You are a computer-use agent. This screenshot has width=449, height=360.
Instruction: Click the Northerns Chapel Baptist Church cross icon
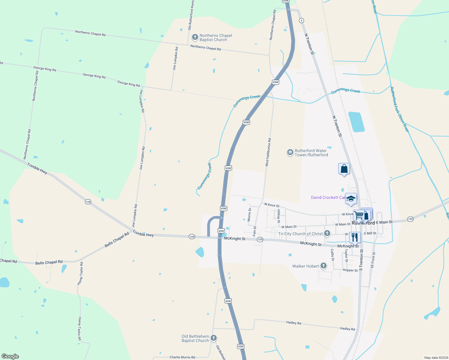[x=195, y=37]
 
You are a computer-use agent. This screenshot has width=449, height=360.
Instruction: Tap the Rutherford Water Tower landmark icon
[x=290, y=153]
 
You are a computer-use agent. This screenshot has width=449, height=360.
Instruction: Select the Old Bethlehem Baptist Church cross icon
[x=214, y=338]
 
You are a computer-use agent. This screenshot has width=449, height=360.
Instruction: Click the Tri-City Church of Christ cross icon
[x=327, y=233]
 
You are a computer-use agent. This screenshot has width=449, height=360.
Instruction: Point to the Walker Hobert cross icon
[x=323, y=265]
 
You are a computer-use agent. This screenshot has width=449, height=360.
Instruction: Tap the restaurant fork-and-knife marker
[x=355, y=238]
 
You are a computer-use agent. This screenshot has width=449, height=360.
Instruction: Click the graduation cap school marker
[x=351, y=199]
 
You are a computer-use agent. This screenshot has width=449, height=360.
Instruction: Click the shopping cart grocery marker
[x=359, y=215]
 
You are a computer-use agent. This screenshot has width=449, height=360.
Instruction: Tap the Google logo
[x=10, y=356]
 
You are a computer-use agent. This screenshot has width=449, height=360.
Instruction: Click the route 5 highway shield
[x=301, y=20]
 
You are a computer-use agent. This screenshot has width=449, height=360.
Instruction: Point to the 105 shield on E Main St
[x=410, y=219]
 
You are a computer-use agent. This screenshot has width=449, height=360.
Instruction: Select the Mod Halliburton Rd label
[x=268, y=152]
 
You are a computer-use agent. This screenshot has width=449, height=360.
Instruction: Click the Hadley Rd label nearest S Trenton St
[x=347, y=329]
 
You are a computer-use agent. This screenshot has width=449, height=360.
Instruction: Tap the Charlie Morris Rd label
[x=182, y=357]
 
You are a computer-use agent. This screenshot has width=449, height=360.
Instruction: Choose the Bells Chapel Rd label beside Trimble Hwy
[x=117, y=240]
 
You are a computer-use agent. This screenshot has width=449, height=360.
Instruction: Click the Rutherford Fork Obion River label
[x=399, y=109]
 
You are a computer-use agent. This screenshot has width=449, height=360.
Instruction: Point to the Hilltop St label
[x=279, y=216]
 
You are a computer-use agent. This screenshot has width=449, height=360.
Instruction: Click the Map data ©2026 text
[x=435, y=358]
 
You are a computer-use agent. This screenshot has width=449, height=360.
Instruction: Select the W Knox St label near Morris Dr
[x=272, y=205]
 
